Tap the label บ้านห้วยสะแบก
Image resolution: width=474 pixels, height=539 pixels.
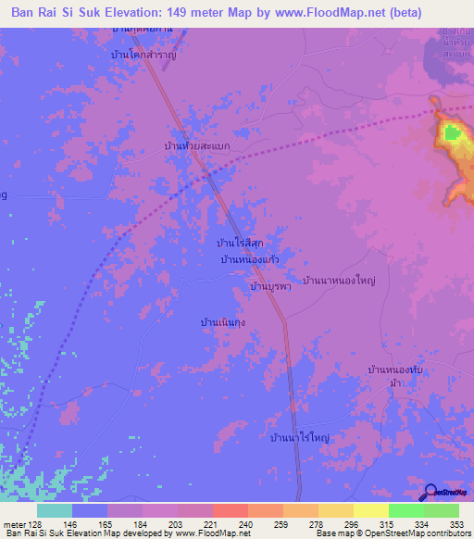[x=196, y=146]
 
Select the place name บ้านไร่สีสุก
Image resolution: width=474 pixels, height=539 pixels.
[x=239, y=243]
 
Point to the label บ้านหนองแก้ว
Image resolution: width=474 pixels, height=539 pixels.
[x=250, y=260]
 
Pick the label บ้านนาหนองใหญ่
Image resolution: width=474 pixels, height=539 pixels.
[x=344, y=279]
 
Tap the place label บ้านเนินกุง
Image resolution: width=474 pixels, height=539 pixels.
[x=223, y=322]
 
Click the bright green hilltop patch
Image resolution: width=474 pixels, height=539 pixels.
[x=452, y=133]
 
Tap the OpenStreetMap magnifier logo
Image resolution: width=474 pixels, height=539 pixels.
[x=430, y=492]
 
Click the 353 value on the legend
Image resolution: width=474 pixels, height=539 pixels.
[x=457, y=524]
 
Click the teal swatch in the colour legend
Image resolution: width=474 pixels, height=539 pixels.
[x=54, y=510]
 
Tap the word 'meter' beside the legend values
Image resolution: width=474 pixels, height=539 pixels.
[x=14, y=524]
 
